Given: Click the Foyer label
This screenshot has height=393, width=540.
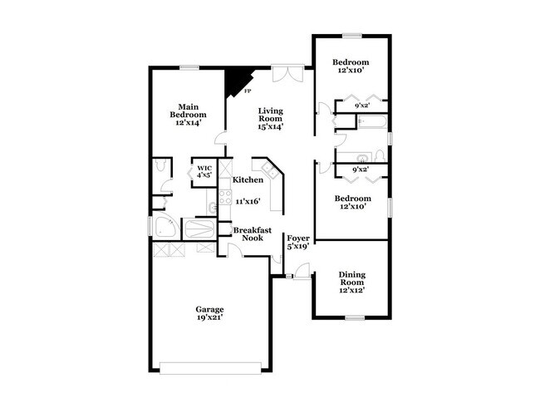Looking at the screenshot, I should tap(298, 236).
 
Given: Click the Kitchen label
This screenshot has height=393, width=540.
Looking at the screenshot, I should tap(248, 180).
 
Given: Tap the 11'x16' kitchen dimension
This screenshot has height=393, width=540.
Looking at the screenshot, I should tap(248, 201).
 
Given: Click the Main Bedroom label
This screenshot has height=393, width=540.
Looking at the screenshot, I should tap(189, 110).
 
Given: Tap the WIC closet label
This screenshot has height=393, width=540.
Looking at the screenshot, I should tap(204, 169).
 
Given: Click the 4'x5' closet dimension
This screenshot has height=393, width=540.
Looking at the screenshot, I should tap(204, 176).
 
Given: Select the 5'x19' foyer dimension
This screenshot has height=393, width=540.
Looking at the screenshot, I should tap(298, 246).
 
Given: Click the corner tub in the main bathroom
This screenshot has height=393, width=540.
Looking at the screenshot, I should tap(164, 228).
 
